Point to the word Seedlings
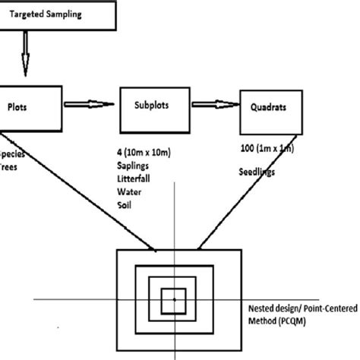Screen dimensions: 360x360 254,172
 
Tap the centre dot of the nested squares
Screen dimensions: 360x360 175,300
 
